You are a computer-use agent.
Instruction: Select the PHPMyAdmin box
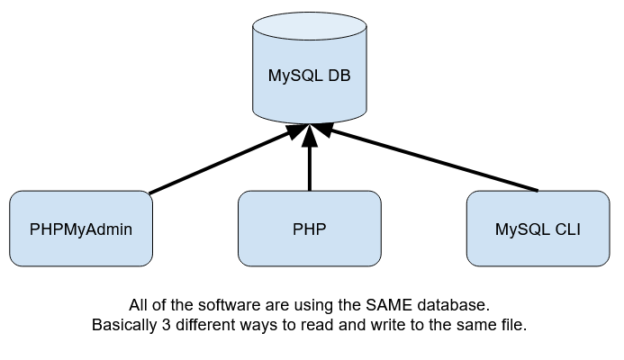click(x=80, y=229)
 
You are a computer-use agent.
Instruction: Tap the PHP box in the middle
click(x=309, y=229)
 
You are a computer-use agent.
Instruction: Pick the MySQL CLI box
click(x=538, y=229)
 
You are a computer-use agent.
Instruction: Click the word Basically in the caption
click(x=124, y=325)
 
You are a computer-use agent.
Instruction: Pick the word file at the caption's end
click(x=512, y=325)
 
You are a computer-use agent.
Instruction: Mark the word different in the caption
click(x=207, y=325)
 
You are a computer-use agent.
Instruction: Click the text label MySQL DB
click(x=309, y=76)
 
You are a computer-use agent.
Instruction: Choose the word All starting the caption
click(x=140, y=306)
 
